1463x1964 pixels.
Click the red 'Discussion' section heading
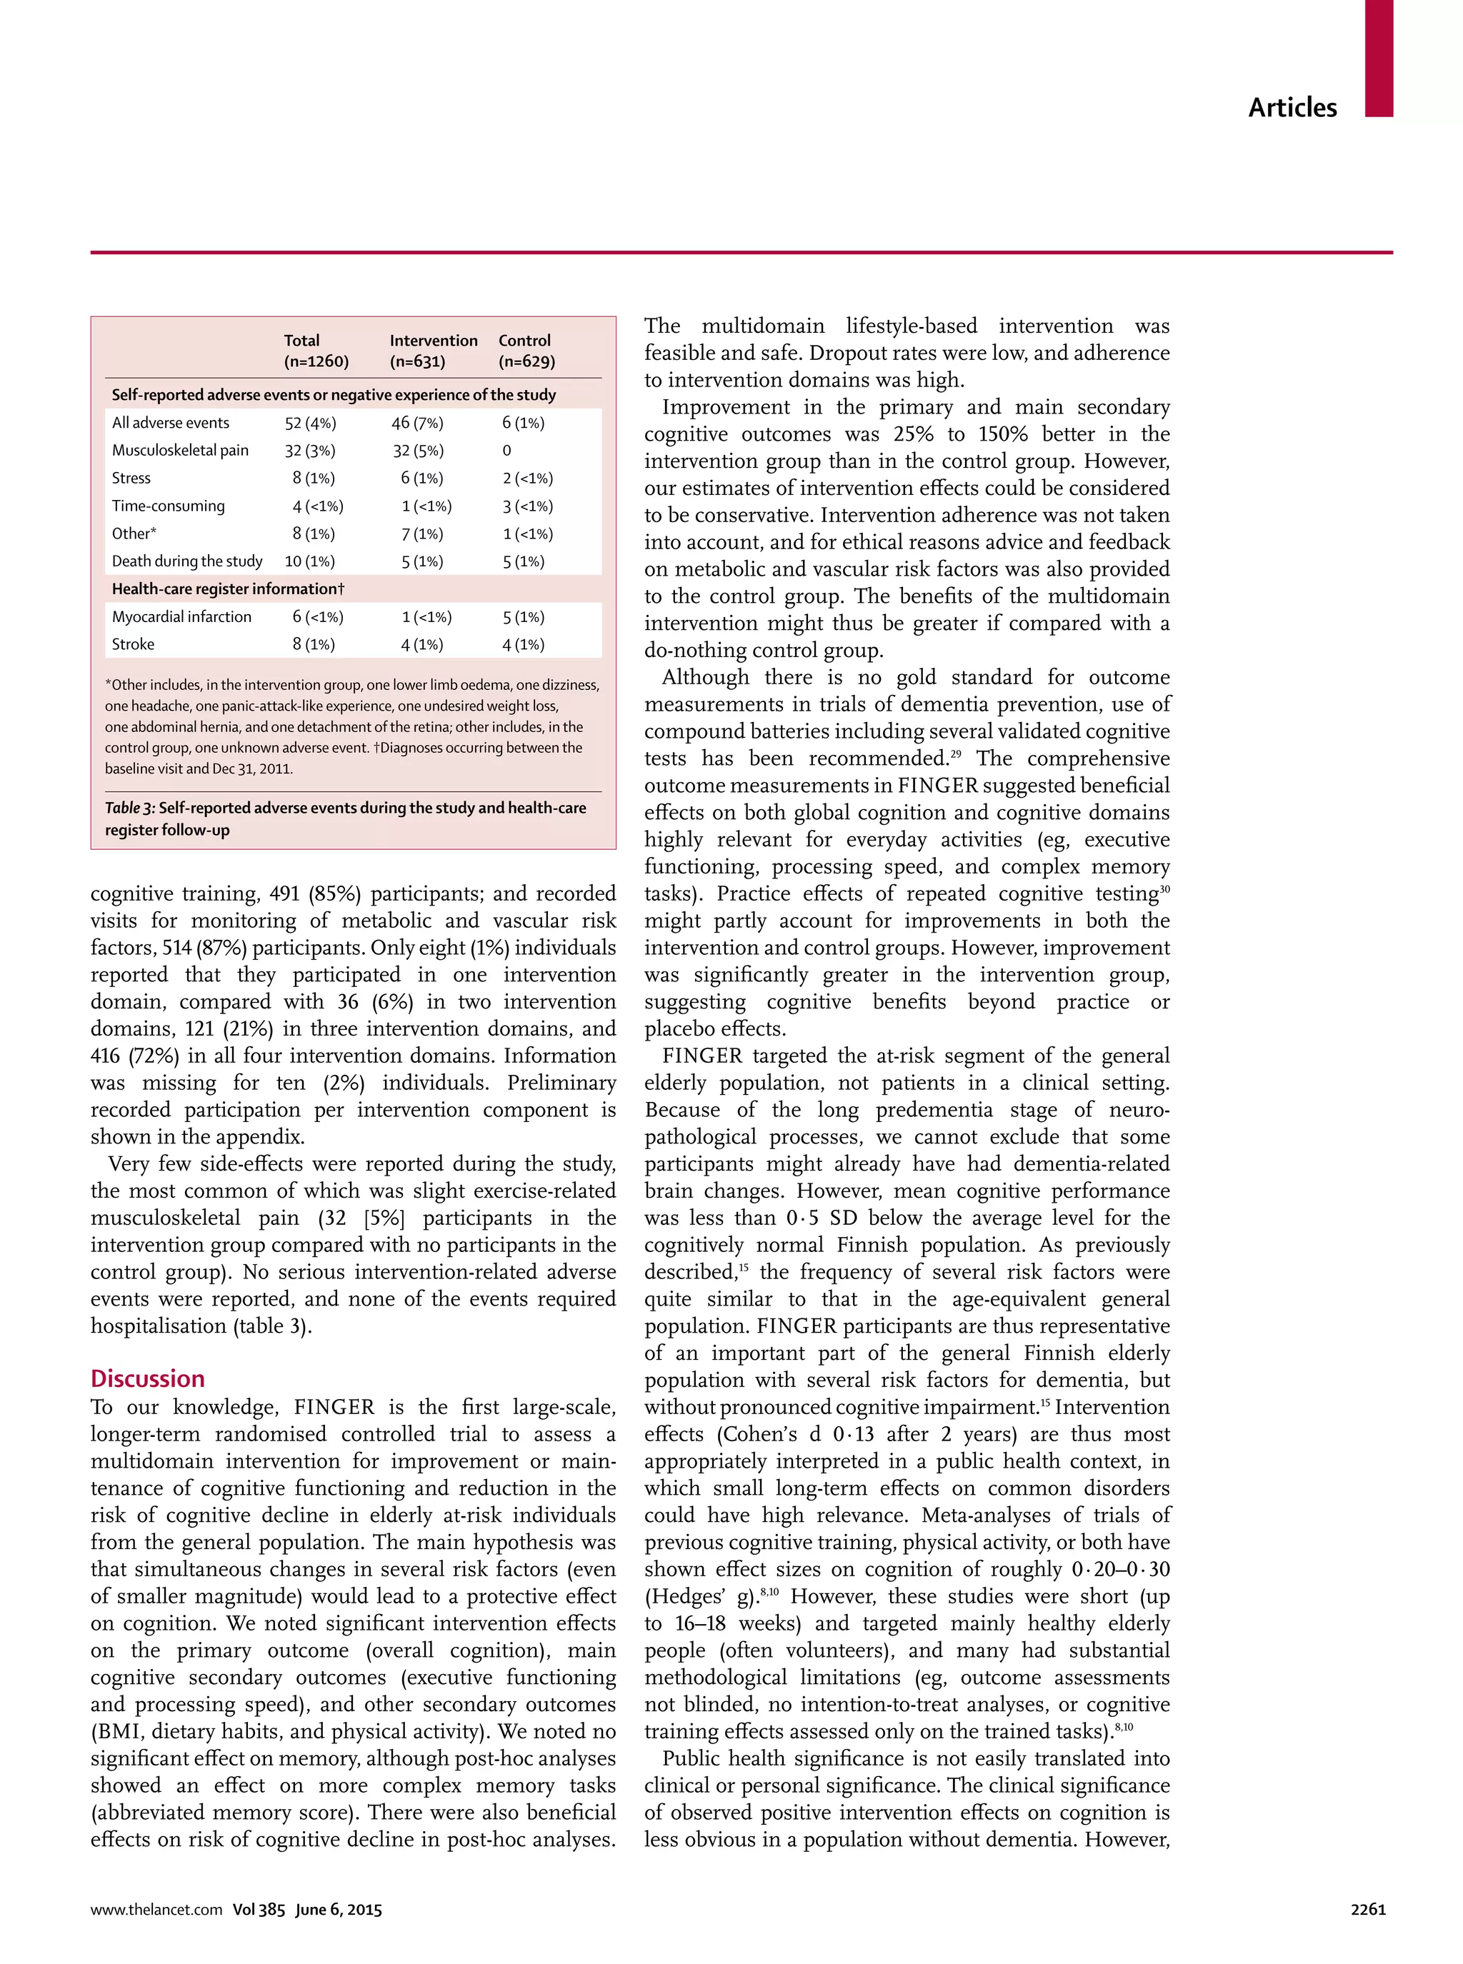coord(147,1378)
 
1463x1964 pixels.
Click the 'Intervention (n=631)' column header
coord(433,351)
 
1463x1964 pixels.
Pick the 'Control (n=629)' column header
coord(526,351)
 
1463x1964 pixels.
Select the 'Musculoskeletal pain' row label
coord(180,450)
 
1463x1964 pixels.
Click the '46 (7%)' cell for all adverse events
coord(417,424)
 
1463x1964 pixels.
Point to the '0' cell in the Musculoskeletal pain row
coord(506,451)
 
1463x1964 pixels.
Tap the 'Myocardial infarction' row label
coord(181,616)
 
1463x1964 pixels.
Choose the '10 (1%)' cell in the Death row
coord(309,561)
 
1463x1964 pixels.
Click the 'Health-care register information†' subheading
coord(228,589)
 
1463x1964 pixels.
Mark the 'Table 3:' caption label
coord(130,808)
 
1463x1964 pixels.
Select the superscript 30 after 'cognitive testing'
coord(1164,888)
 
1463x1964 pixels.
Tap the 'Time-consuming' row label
coord(169,506)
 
